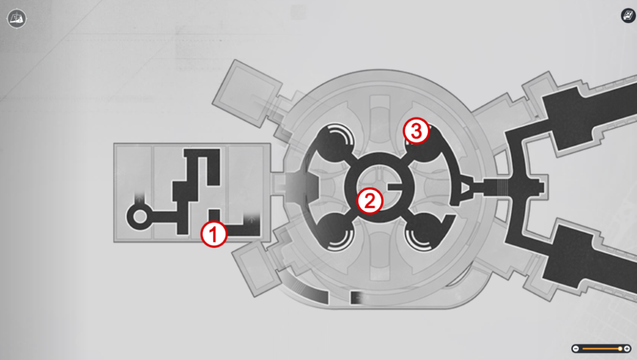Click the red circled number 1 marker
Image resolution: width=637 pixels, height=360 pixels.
click(213, 234)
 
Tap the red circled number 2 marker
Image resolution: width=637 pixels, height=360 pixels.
click(370, 201)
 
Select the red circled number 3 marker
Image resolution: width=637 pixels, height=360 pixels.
click(416, 131)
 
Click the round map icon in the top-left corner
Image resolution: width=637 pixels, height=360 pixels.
click(17, 19)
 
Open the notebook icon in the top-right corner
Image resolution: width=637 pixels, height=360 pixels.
click(628, 15)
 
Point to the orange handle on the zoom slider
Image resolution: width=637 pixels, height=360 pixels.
click(620, 349)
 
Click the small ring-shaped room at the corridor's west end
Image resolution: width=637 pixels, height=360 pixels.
click(140, 217)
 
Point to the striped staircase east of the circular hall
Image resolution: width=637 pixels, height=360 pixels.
click(502, 187)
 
